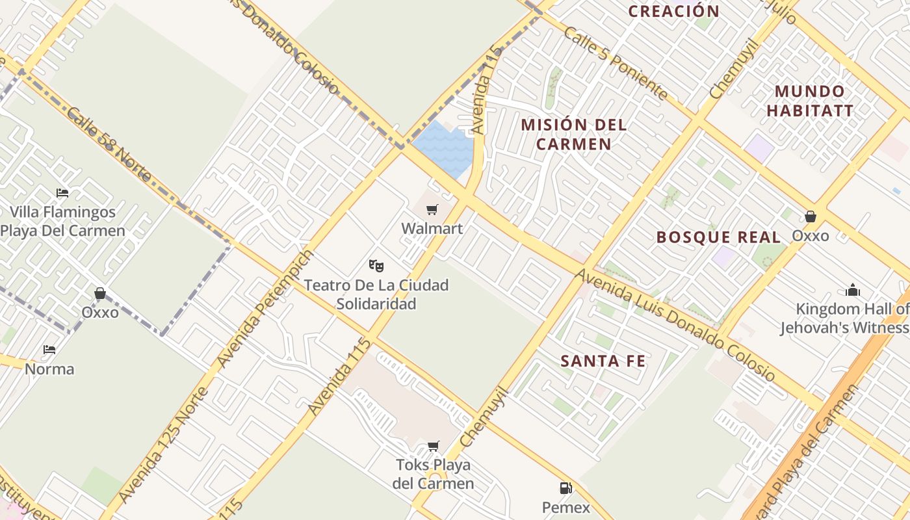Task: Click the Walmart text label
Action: pos(432,228)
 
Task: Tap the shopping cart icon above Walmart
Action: pos(432,209)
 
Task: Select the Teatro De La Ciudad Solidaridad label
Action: pos(376,294)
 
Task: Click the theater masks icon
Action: pos(376,265)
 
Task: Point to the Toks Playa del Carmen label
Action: pos(433,474)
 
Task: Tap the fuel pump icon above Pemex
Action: pos(565,487)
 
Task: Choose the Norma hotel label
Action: pos(49,369)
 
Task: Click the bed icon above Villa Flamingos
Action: pos(62,193)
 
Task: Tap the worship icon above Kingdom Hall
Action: pos(853,290)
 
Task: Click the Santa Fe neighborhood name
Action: pos(603,361)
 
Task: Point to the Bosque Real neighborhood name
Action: pos(718,237)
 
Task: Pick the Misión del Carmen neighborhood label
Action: pos(574,134)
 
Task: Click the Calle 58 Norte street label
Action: pos(108,144)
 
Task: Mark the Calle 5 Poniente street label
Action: pos(615,63)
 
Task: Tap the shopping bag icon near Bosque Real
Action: pos(810,216)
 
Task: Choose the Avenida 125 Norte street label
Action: pos(164,443)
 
